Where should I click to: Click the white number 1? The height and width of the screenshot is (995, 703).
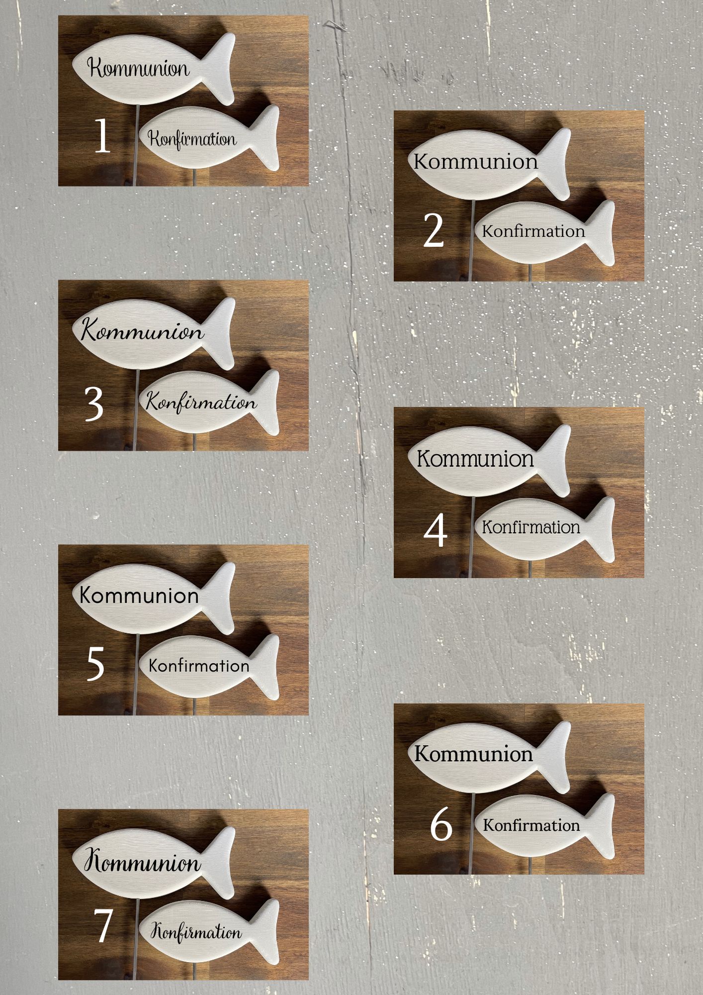[102, 136]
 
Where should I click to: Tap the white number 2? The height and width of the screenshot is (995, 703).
[433, 230]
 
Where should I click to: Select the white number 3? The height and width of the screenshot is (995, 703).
[94, 403]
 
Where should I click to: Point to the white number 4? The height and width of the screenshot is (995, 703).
[436, 531]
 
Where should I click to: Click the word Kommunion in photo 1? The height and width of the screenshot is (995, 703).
[139, 68]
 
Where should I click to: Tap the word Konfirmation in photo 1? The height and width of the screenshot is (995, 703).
[192, 139]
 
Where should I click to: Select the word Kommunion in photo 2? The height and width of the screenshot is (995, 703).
[476, 162]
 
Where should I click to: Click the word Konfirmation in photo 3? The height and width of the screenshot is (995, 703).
[201, 402]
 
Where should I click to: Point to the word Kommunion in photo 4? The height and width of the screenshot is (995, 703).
[475, 459]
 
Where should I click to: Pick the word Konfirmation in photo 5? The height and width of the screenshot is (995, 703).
[199, 666]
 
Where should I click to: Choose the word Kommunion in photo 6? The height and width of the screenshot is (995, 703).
[473, 754]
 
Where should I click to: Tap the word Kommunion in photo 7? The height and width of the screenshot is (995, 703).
[143, 862]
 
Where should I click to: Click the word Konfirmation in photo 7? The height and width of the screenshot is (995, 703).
[196, 931]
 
